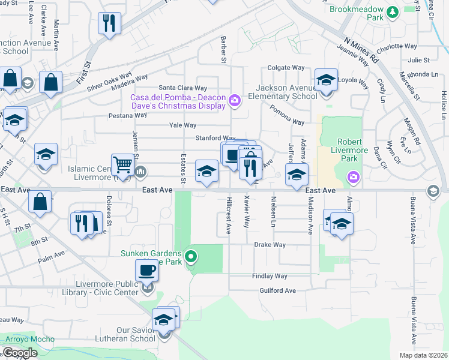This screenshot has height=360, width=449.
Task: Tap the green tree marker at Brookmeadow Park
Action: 393,11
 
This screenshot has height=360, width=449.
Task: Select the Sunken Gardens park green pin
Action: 191,257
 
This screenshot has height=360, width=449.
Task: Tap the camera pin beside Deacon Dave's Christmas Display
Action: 235,100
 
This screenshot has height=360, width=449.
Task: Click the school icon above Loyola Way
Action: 325,80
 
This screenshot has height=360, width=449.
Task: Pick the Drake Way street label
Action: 270,245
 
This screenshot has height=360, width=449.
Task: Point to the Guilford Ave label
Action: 278,290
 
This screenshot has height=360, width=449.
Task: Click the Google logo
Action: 20,353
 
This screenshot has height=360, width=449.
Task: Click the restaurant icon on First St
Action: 109,23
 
